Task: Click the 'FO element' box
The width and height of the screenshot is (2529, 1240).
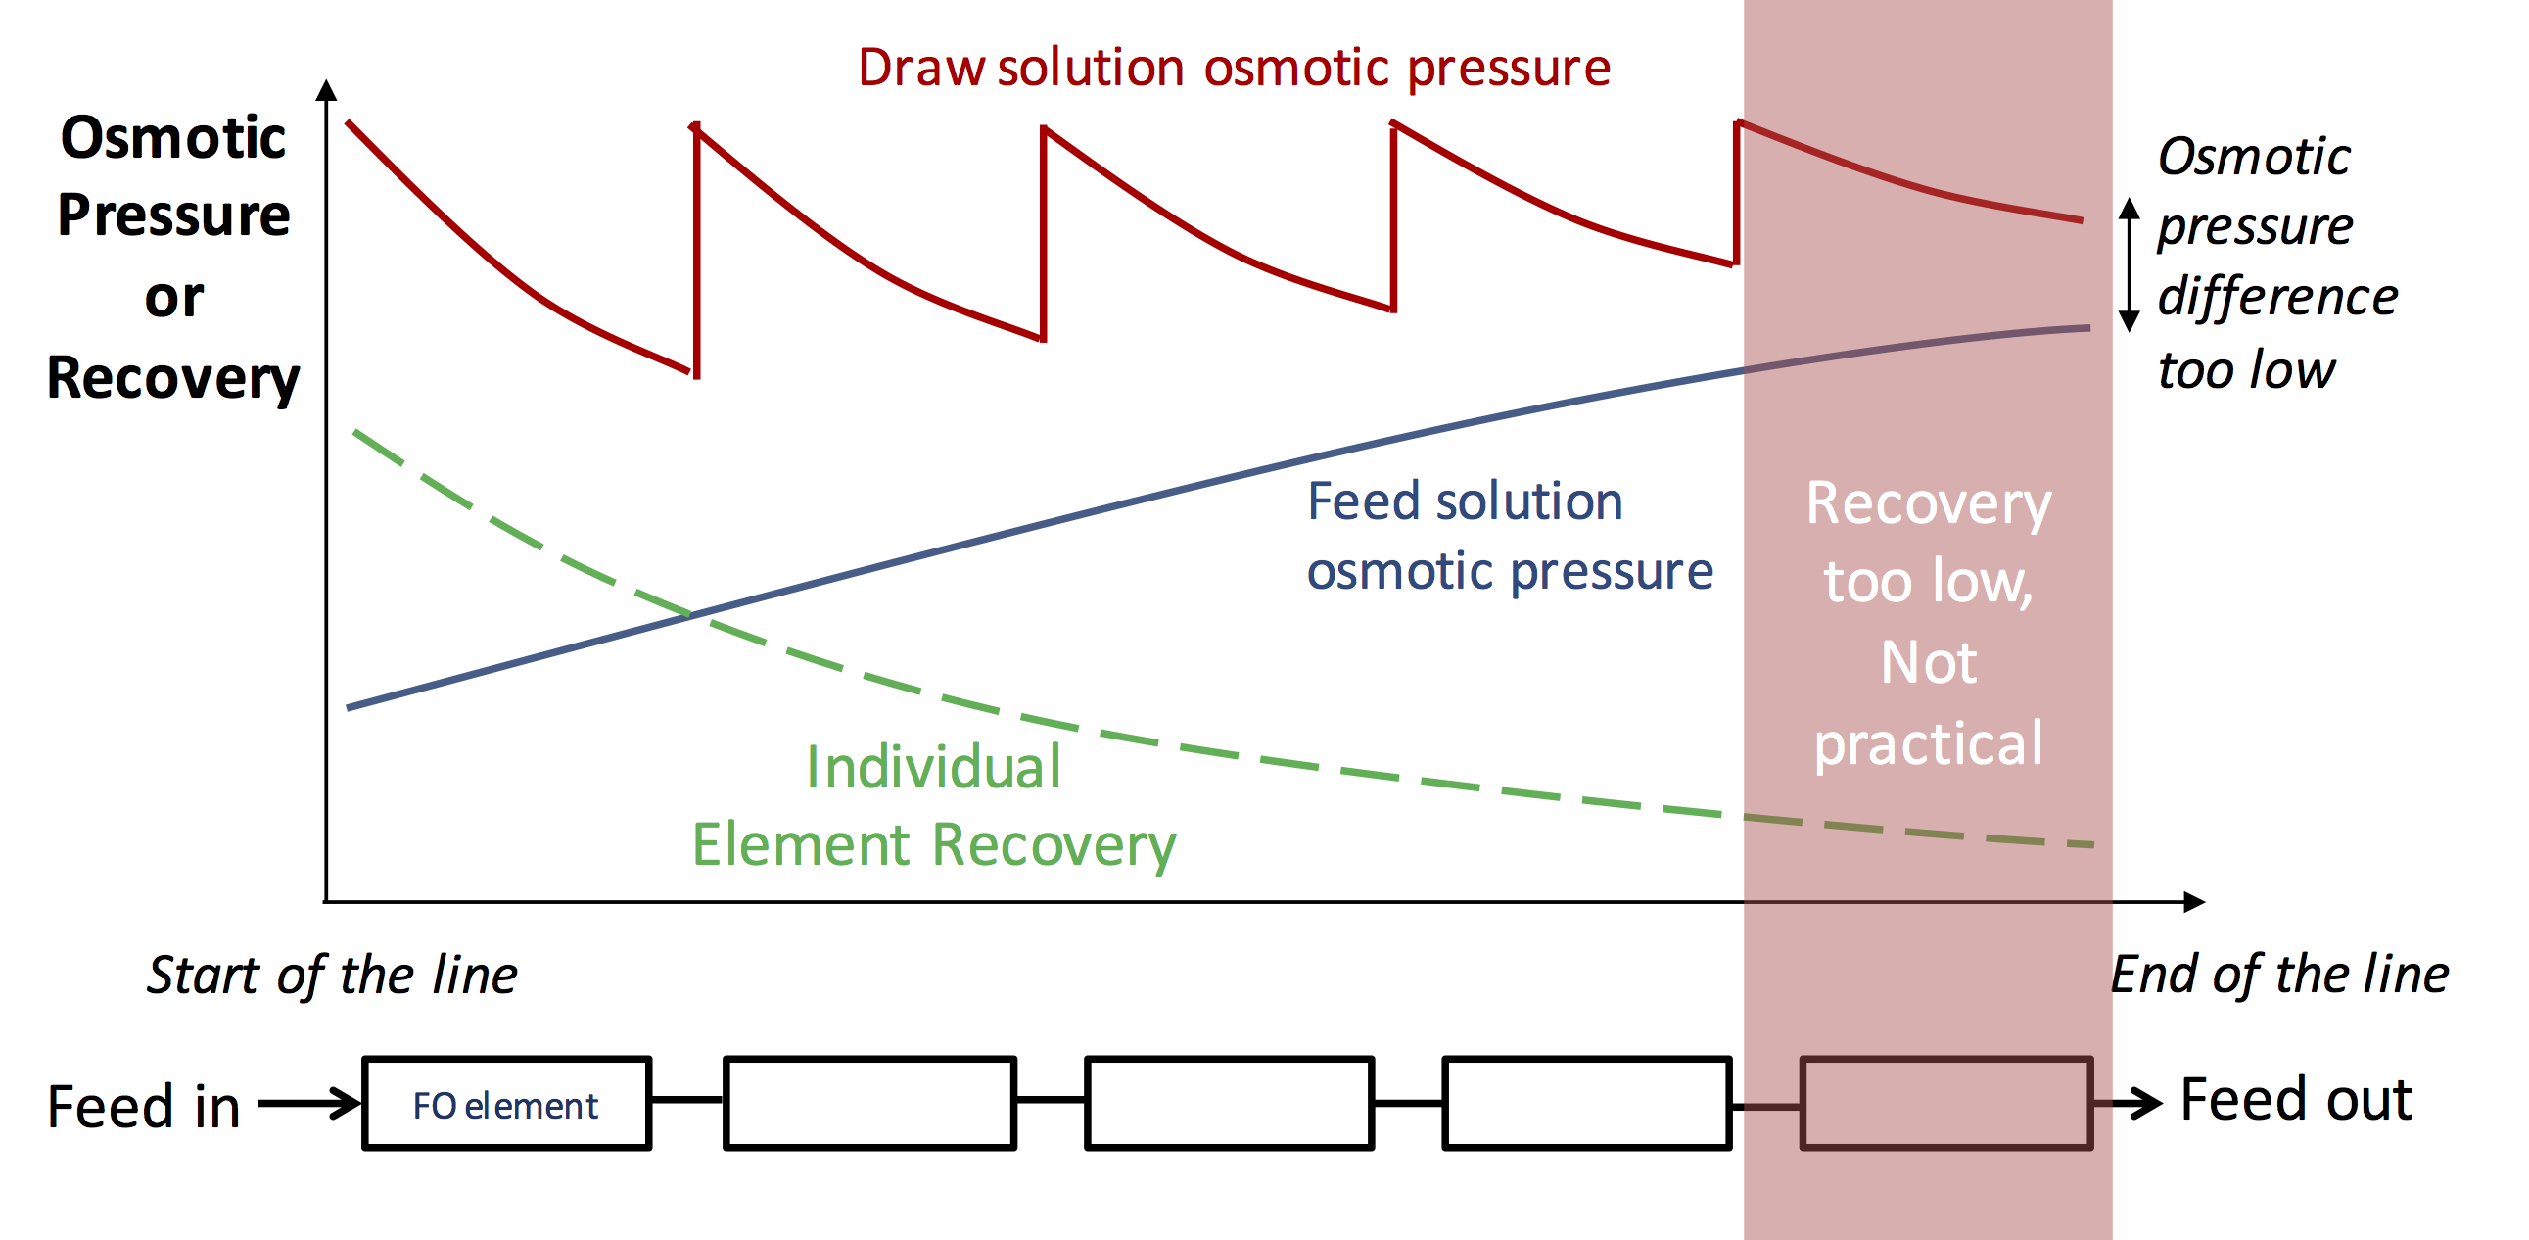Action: pyautogui.click(x=505, y=1104)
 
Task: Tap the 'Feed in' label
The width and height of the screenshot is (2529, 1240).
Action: pyautogui.click(x=144, y=1107)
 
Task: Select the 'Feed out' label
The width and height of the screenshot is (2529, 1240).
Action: pyautogui.click(x=2295, y=1099)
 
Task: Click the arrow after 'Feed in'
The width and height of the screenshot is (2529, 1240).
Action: pyautogui.click(x=310, y=1103)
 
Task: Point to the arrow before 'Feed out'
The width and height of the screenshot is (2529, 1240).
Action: pyautogui.click(x=2129, y=1103)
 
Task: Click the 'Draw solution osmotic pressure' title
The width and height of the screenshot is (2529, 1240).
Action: pyautogui.click(x=1234, y=68)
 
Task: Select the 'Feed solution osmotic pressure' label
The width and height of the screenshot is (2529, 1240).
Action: pyautogui.click(x=1508, y=536)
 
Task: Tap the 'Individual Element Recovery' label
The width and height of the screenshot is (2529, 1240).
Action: pyautogui.click(x=934, y=806)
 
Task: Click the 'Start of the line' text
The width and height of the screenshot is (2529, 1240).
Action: pyautogui.click(x=332, y=975)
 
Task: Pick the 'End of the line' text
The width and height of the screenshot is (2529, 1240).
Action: pyautogui.click(x=2279, y=975)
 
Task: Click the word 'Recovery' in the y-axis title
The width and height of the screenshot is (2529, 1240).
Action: pyautogui.click(x=173, y=378)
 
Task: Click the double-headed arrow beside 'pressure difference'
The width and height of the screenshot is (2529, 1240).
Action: pyautogui.click(x=2129, y=264)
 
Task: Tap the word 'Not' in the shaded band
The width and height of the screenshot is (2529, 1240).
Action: pyautogui.click(x=1928, y=663)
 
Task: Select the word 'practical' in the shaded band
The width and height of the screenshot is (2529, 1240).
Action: pyautogui.click(x=1928, y=743)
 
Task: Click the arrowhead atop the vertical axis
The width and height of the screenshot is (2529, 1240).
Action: pyautogui.click(x=327, y=90)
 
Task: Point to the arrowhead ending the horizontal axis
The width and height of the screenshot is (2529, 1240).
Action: pyautogui.click(x=2194, y=901)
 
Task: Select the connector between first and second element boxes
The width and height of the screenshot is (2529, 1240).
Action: pyautogui.click(x=687, y=1100)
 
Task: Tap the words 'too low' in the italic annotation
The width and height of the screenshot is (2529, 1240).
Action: pyautogui.click(x=2246, y=370)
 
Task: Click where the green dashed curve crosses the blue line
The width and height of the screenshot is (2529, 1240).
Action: pyautogui.click(x=690, y=614)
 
